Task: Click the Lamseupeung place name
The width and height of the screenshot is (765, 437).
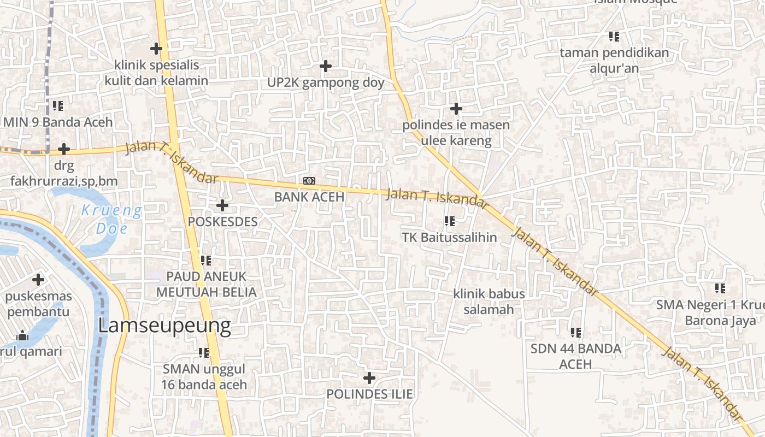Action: [164, 326]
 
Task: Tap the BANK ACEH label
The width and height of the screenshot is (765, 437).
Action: [309, 197]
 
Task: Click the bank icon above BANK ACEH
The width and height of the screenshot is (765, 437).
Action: [309, 181]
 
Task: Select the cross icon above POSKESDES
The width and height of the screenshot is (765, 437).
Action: [222, 205]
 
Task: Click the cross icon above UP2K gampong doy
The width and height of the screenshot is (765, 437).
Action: [326, 66]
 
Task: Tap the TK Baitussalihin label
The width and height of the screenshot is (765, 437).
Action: [449, 237]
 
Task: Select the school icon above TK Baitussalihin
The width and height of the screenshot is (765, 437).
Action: [449, 221]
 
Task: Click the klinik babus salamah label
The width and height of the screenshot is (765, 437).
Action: [489, 302]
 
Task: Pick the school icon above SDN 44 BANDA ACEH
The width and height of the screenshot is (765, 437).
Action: [575, 332]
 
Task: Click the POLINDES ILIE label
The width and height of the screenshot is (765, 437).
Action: [369, 394]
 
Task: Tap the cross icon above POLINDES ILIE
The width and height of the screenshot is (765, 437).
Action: [369, 377]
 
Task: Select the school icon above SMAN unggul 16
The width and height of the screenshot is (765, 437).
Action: [204, 353]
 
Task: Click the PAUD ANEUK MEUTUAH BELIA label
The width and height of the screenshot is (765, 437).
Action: [206, 284]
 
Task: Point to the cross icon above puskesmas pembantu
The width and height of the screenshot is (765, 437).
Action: [38, 280]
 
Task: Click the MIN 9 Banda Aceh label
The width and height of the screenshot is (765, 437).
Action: [58, 122]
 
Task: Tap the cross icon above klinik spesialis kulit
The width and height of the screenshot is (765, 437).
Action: [156, 49]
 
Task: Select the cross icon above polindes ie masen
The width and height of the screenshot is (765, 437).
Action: [456, 109]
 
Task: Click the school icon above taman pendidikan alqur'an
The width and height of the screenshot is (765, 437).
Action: [614, 37]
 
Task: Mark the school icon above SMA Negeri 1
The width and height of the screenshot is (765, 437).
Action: [720, 288]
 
